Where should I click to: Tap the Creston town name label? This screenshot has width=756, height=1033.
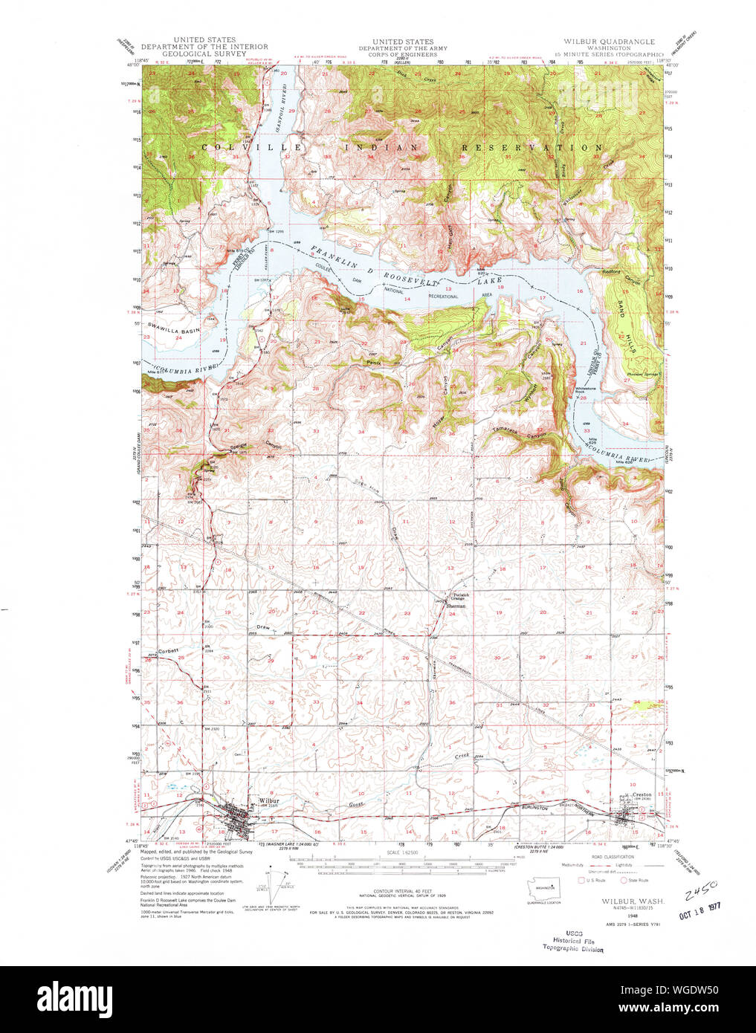click(642, 794)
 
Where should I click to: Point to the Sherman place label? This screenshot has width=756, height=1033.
click(456, 606)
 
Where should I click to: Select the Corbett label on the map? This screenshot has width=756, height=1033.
click(169, 651)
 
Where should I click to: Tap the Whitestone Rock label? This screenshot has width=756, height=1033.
click(582, 389)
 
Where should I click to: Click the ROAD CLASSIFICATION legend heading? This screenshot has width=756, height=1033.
click(613, 857)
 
